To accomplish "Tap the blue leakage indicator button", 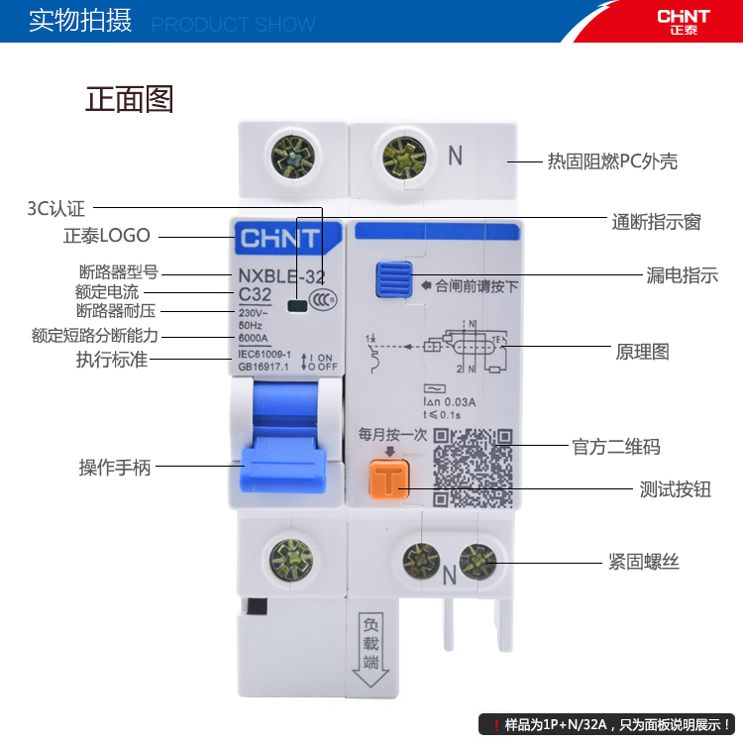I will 393,279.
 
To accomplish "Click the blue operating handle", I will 283,451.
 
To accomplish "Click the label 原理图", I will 642,352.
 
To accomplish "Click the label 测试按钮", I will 675,489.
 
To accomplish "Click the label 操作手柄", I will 115,468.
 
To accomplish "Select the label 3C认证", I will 56,208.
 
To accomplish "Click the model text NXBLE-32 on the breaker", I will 281,275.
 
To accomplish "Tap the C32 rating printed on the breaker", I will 256,293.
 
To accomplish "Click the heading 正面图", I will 129,99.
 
